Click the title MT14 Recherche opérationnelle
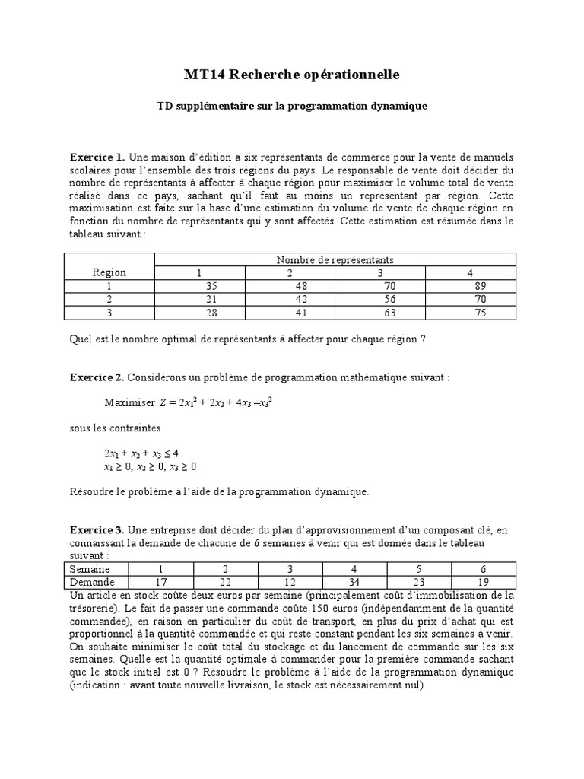291,75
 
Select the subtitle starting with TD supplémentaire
291,106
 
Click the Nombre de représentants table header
335,260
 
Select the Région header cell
109,272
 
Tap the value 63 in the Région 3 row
379,312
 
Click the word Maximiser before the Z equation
129,402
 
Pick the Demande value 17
160,581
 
